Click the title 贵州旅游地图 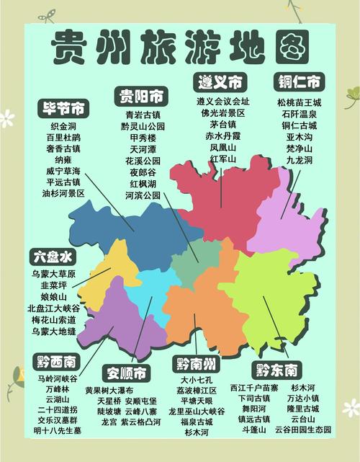click(x=180, y=48)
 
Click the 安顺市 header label click(x=126, y=373)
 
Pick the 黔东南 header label click(x=276, y=370)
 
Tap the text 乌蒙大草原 click(x=54, y=274)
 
